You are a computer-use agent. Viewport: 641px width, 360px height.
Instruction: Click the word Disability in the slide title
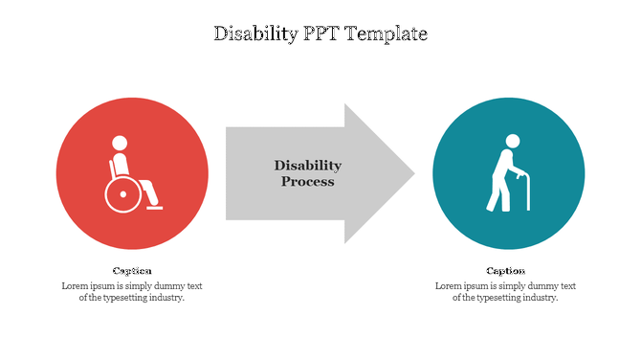[x=252, y=34]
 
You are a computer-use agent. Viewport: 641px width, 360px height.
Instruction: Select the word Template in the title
[x=388, y=34]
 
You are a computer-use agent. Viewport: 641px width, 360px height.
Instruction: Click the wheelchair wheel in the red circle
[x=121, y=195]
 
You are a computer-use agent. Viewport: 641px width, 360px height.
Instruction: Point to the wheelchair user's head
[x=120, y=144]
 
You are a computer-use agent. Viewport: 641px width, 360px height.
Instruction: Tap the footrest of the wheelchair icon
[x=154, y=207]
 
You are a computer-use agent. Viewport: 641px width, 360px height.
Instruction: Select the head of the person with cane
[x=513, y=142]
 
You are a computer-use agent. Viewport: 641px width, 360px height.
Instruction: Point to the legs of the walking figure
[x=498, y=196]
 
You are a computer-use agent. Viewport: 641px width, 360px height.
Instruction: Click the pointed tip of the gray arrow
[x=412, y=174]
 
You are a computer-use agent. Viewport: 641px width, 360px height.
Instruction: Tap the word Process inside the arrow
[x=307, y=181]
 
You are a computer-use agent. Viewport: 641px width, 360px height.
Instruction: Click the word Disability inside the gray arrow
[x=307, y=166]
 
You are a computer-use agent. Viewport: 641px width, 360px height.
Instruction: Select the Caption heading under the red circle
[x=132, y=271]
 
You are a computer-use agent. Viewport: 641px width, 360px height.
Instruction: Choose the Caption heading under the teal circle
[x=505, y=271]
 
